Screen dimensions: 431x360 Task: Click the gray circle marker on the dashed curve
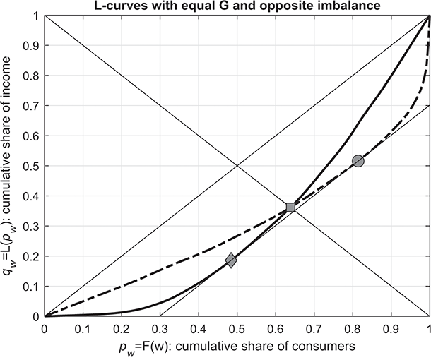tap(358, 161)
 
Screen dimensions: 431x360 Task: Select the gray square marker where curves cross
tap(290, 207)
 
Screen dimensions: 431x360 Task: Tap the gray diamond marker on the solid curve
tap(231, 260)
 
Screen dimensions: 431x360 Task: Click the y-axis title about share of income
tap(8, 166)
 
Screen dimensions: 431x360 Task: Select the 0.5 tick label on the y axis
tap(31, 166)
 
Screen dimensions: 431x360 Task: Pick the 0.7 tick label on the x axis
tap(314, 328)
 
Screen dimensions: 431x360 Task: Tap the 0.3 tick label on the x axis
tap(160, 328)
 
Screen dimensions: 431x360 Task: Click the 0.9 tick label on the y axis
tap(31, 45)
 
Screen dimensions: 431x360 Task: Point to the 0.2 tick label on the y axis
tap(31, 256)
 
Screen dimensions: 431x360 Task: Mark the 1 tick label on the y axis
tap(36, 16)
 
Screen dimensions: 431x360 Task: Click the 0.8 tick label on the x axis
tap(353, 328)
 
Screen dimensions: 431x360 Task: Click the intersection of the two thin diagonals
tap(237, 166)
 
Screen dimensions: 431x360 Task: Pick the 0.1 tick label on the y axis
tap(31, 287)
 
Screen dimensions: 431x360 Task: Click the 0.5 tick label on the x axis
tap(237, 328)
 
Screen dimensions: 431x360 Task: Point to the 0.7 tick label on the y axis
tap(31, 106)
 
